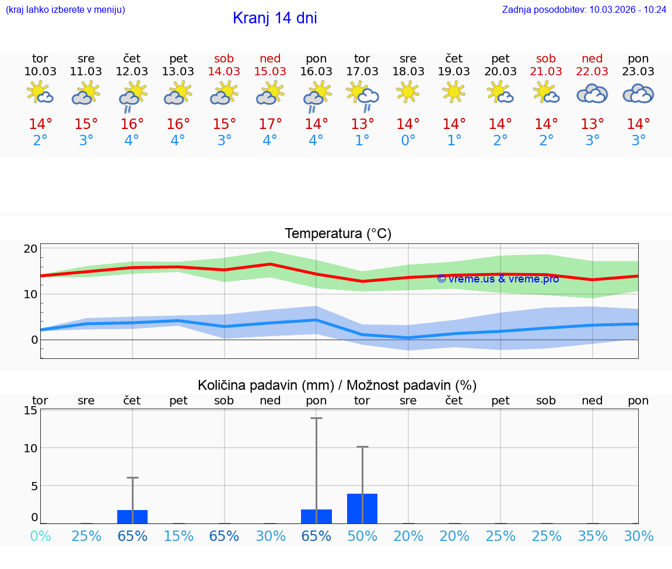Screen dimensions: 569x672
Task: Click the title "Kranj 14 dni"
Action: pos(275,18)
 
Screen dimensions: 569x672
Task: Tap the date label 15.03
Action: pos(270,72)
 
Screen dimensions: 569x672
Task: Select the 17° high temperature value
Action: pos(270,124)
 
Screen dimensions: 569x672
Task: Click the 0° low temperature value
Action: pos(408,141)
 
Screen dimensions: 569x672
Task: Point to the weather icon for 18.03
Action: pos(408,92)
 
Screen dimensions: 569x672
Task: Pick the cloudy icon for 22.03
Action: pos(592,93)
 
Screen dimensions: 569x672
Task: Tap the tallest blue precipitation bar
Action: pos(362,508)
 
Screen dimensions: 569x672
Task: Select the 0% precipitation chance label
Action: pos(40,536)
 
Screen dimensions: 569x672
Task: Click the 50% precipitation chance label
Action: pos(362,536)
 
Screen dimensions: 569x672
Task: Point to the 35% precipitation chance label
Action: pos(593,536)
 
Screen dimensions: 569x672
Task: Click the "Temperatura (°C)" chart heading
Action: pos(338,234)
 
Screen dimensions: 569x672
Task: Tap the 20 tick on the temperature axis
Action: pos(30,249)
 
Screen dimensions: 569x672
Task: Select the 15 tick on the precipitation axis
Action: pos(30,410)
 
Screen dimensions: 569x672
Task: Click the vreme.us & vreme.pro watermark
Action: pos(498,279)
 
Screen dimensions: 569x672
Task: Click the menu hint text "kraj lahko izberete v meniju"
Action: pos(65,10)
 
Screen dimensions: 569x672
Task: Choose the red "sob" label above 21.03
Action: pos(546,59)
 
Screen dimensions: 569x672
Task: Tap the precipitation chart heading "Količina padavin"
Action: pos(337,385)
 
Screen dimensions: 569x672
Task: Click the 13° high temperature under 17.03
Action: pos(362,124)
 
